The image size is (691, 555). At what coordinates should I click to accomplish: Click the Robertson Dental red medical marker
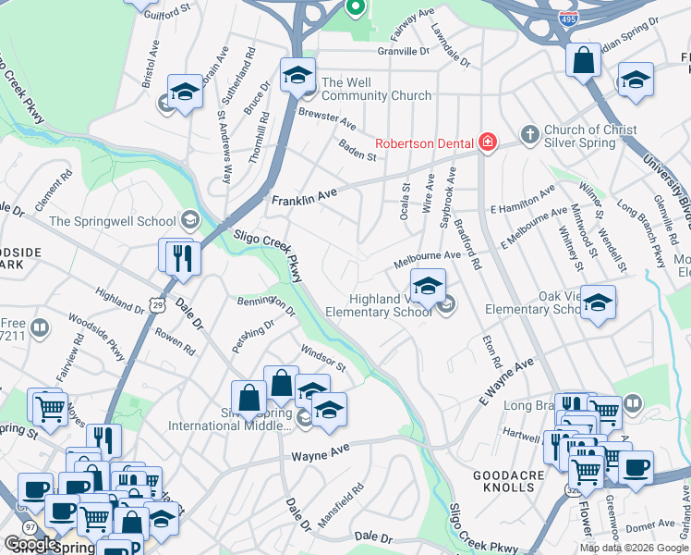click(487, 142)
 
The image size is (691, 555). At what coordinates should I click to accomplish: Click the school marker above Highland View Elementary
click(428, 286)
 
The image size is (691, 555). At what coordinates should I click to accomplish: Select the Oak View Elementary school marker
click(598, 302)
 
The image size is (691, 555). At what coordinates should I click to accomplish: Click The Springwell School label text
click(112, 221)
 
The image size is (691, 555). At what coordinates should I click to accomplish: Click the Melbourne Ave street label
click(426, 259)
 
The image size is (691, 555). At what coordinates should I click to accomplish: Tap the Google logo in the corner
click(30, 544)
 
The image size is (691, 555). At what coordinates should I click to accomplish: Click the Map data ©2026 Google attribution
click(633, 548)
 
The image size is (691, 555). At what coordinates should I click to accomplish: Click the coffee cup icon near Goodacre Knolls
click(635, 468)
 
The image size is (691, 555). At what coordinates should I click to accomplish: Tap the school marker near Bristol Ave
click(185, 92)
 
